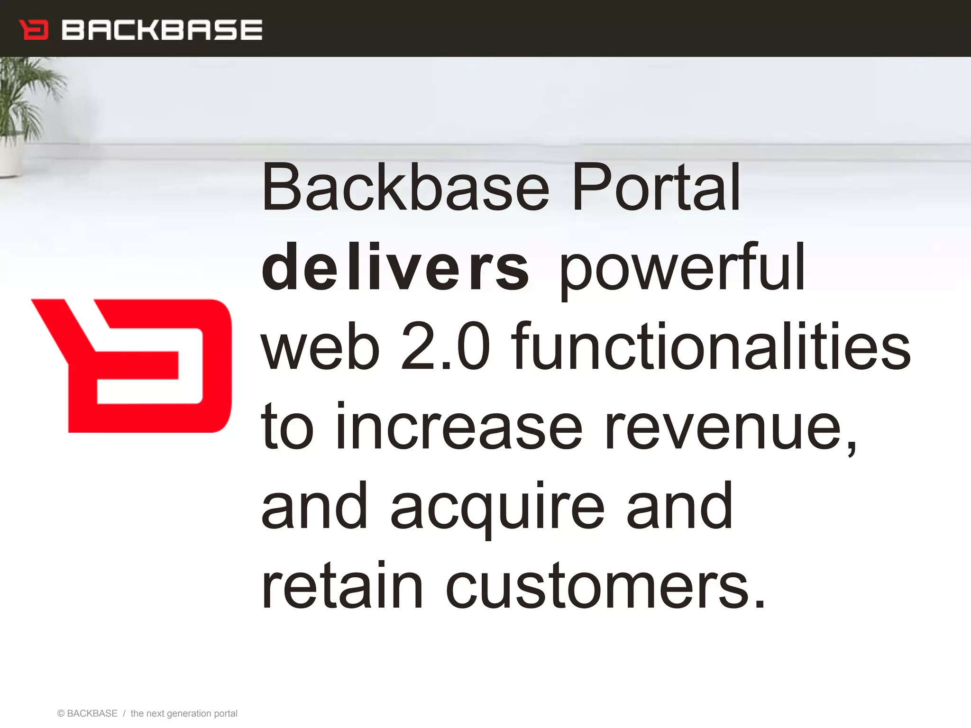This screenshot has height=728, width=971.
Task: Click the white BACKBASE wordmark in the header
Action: click(x=162, y=30)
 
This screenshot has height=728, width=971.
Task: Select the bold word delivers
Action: click(x=394, y=268)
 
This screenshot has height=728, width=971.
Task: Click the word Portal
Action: click(x=656, y=188)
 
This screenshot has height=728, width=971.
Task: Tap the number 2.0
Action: click(x=445, y=347)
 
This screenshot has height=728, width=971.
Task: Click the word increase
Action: click(x=458, y=427)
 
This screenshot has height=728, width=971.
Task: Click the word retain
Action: click(x=341, y=586)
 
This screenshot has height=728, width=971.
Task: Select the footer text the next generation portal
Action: click(x=184, y=713)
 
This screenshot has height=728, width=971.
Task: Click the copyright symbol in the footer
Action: click(x=61, y=713)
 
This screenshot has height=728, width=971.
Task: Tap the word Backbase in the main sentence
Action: click(x=405, y=188)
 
